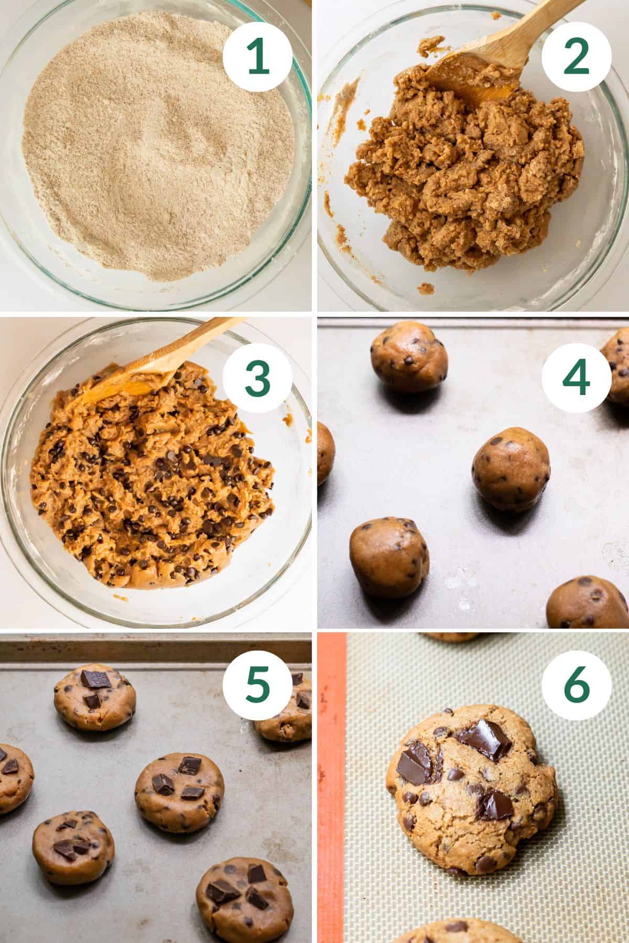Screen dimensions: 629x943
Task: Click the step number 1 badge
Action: click(257, 58)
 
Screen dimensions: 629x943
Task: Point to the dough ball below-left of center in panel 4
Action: click(389, 557)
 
